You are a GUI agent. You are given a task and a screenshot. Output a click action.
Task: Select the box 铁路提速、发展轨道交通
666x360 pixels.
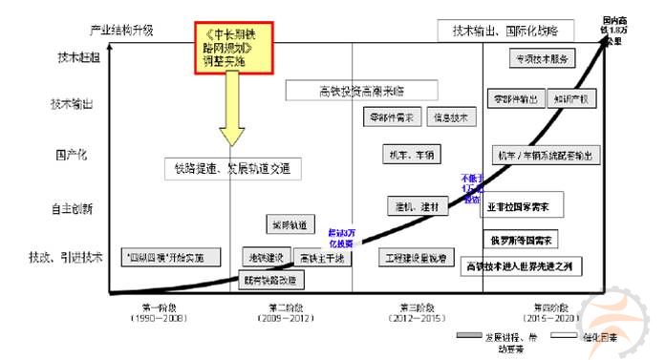coord(232,169)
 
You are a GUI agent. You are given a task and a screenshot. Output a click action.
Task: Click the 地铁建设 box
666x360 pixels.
coord(267,258)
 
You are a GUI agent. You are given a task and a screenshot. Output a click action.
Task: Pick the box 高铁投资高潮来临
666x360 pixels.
coord(361,91)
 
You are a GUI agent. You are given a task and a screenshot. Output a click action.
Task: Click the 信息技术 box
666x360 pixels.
coord(450,118)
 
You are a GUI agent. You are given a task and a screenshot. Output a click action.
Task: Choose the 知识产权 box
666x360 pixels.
coord(571,98)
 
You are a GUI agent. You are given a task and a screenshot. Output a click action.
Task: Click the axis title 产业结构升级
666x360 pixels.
coord(120,31)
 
